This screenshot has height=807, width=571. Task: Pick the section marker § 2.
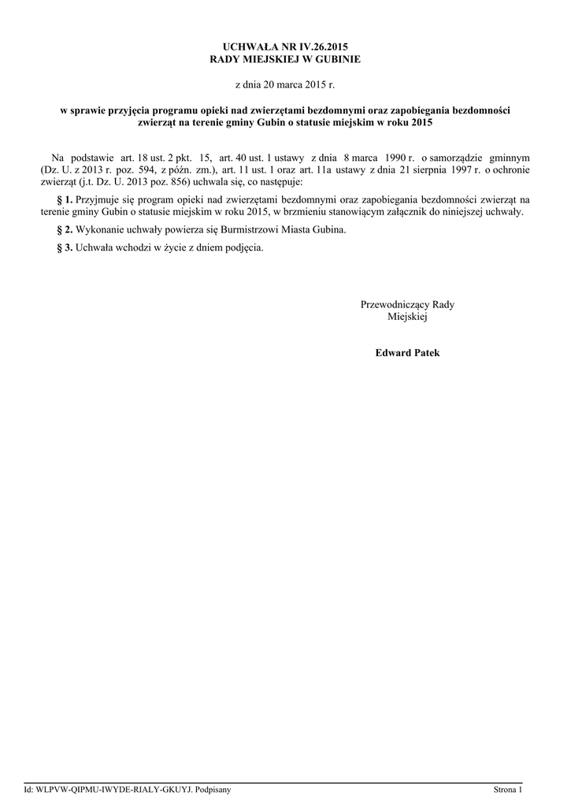[65, 229]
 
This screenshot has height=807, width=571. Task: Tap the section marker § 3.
[65, 247]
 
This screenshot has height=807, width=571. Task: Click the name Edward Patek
[407, 352]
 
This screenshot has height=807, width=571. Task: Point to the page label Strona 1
[508, 789]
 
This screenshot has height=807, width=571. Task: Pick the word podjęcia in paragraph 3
[242, 247]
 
